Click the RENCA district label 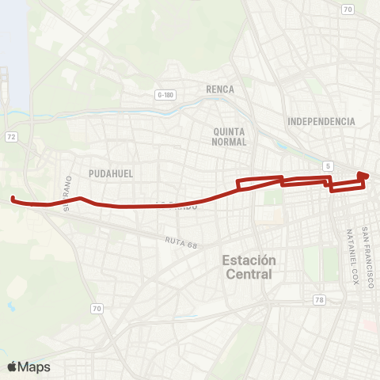tap(219, 89)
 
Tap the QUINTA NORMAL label tap(230, 136)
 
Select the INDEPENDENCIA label tap(321, 121)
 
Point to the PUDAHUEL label tap(111, 173)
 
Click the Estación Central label tap(249, 267)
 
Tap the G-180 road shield tap(165, 94)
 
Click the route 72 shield tap(12, 137)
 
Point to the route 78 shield tap(318, 299)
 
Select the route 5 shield tap(328, 165)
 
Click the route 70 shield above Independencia tap(347, 9)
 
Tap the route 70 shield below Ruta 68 tap(97, 308)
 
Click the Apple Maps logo tap(28, 367)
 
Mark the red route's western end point tap(13, 198)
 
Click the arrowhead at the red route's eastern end tap(363, 175)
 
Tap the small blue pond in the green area tap(10, 304)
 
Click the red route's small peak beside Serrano tap(81, 198)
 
